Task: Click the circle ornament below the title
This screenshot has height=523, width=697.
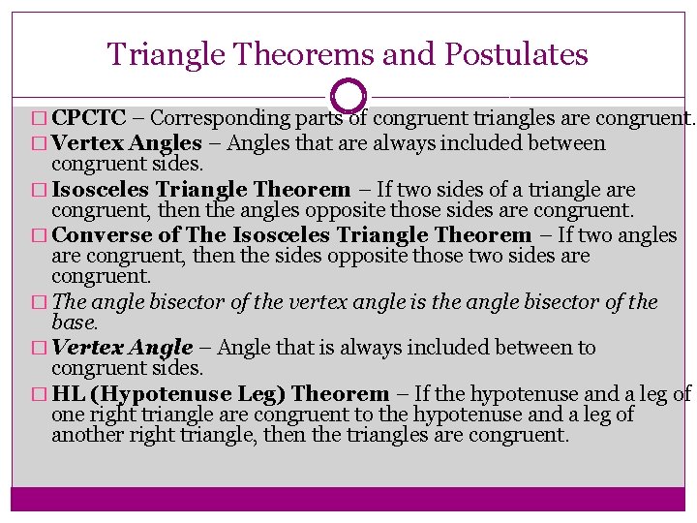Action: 348,96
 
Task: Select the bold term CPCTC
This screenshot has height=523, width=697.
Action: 89,119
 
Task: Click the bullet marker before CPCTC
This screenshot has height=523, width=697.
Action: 38,120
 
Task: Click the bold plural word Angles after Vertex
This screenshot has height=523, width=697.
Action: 167,143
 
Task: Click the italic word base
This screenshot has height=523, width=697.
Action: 75,322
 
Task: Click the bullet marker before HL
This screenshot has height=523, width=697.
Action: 38,394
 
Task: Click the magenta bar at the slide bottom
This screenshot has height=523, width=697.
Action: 348,498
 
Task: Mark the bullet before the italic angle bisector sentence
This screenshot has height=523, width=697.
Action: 38,303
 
